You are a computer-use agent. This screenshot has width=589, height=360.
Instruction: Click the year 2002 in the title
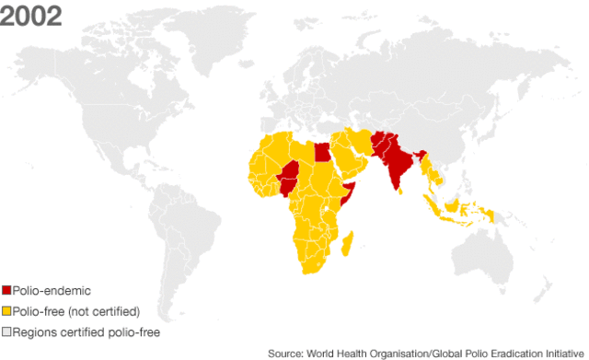pos(30,17)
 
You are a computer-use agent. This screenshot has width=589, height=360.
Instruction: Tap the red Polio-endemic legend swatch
pos(6,291)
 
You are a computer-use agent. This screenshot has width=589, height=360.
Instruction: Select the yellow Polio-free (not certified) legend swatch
pos(6,310)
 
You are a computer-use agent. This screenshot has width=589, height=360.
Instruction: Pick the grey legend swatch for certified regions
pos(6,330)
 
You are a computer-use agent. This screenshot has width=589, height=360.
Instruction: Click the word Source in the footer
pos(285,353)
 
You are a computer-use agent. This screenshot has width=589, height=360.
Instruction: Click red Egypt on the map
pos(321,151)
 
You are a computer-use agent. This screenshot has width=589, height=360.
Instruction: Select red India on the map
pos(397,165)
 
